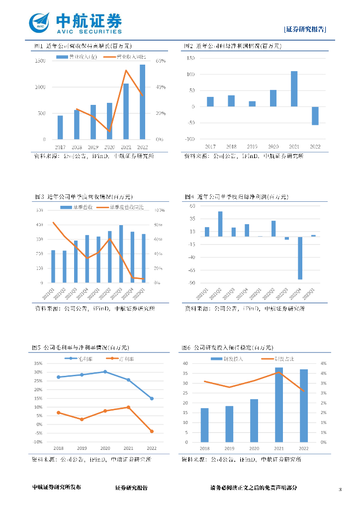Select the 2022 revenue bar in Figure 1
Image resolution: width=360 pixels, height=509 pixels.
click(x=142, y=102)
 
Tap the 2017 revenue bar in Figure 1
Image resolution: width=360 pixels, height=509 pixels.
click(x=60, y=127)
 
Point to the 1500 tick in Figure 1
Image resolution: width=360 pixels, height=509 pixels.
click(x=40, y=61)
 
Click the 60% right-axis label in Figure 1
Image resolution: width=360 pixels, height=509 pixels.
click(x=160, y=61)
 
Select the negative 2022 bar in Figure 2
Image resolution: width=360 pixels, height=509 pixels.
click(x=315, y=116)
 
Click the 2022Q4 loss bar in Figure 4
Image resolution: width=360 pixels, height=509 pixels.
click(x=300, y=258)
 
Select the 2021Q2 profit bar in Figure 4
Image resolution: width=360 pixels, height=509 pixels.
click(x=220, y=224)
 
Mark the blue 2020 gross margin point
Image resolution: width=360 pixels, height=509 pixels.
click(x=104, y=372)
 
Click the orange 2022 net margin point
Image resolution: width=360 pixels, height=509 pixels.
click(x=151, y=431)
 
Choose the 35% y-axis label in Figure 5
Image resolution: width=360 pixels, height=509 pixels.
click(x=38, y=363)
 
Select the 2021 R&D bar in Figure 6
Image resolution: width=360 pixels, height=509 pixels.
click(x=279, y=405)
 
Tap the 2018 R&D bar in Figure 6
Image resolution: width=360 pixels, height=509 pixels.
click(x=205, y=425)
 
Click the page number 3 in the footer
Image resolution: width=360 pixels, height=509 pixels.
click(x=340, y=490)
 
